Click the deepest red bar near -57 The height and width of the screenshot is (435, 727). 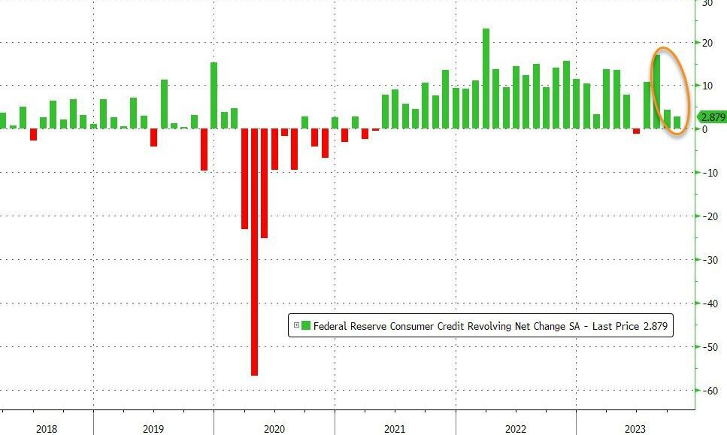[254, 252]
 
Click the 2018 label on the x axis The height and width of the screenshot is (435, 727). [47, 428]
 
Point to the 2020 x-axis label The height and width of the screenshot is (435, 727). [274, 428]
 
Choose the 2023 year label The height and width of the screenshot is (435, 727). [635, 428]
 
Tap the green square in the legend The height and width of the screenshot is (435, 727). [306, 325]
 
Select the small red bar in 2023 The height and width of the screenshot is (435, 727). [636, 131]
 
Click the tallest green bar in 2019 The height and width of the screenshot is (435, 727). [164, 104]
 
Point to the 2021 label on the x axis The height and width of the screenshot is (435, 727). [395, 428]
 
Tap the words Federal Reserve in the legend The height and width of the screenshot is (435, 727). [348, 326]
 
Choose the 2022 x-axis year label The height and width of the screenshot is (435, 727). [515, 428]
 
